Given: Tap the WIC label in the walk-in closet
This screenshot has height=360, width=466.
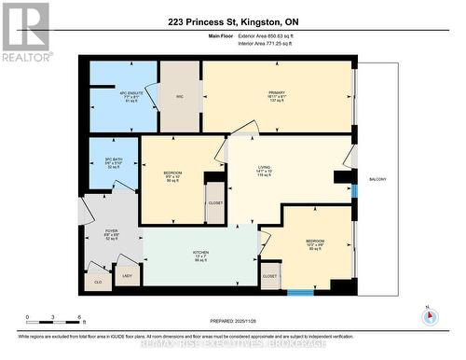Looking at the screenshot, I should point(180,95).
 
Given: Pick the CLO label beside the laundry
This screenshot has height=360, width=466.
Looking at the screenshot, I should point(97,280).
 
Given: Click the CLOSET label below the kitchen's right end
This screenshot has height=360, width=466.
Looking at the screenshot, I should point(269,276).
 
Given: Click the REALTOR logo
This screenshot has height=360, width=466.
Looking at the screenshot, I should point(25,30).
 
